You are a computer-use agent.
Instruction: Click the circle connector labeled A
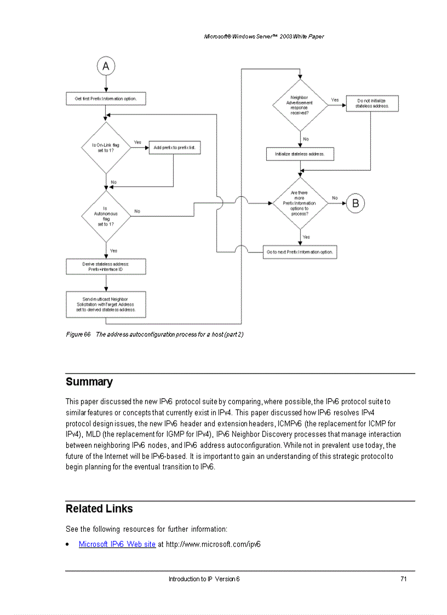click(106, 67)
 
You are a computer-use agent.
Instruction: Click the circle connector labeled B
click(355, 203)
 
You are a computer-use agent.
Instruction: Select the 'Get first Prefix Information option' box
click(106, 99)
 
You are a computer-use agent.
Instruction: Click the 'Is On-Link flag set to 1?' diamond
click(106, 147)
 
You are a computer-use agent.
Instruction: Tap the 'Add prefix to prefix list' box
click(175, 147)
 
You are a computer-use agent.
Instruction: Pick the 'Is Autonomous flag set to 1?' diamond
click(106, 216)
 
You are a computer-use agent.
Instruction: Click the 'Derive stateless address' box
click(106, 267)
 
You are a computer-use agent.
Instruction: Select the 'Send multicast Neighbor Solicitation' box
click(106, 304)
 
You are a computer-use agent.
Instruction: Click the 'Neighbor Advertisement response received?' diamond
click(300, 105)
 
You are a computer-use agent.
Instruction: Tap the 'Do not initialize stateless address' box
click(372, 104)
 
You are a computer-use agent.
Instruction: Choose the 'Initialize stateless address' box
click(300, 154)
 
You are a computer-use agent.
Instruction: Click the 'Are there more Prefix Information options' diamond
click(300, 203)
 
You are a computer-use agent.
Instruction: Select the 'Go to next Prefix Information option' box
click(300, 252)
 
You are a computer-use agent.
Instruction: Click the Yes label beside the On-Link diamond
click(137, 142)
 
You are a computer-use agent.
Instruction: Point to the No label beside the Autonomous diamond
click(137, 211)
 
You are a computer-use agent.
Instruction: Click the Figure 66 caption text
click(154, 335)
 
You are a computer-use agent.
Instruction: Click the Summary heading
click(89, 382)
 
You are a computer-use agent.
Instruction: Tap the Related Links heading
click(99, 509)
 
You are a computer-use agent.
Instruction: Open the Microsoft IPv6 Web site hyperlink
click(117, 544)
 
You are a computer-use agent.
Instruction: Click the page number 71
click(403, 579)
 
